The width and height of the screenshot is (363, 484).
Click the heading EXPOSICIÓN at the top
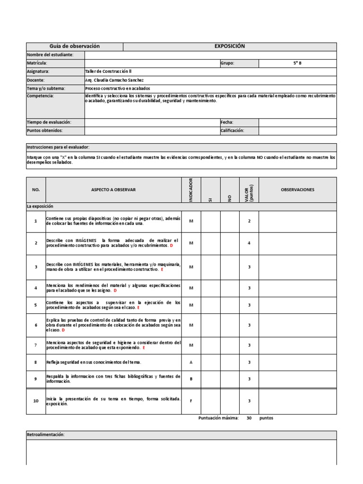coord(230,46)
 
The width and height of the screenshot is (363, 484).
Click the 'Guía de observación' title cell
coord(75,46)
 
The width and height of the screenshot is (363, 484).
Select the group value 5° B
coord(297,63)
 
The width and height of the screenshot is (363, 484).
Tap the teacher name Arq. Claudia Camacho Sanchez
coord(114,80)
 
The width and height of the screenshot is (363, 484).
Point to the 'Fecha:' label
coord(227,122)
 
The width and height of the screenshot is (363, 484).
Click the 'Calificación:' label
coord(232,130)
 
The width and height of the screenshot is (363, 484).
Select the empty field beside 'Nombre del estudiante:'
coord(210,55)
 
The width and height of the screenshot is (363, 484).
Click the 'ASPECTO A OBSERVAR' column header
coord(113,190)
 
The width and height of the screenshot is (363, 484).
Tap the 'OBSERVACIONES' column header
coord(297,190)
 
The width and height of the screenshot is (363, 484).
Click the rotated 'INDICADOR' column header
coord(191,190)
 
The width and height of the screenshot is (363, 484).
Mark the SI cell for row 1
coord(210,221)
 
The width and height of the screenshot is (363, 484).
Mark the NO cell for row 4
coord(230,288)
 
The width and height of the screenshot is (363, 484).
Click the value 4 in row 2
coord(249,243)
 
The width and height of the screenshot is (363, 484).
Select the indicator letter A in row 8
coord(191,362)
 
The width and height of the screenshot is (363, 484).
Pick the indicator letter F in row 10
coord(191,401)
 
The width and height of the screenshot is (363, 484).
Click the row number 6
coord(35,325)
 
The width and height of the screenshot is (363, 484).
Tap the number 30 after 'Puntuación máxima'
coord(249,418)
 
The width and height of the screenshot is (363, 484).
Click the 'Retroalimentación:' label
coord(45,435)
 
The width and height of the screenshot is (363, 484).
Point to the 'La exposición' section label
coord(40,207)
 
